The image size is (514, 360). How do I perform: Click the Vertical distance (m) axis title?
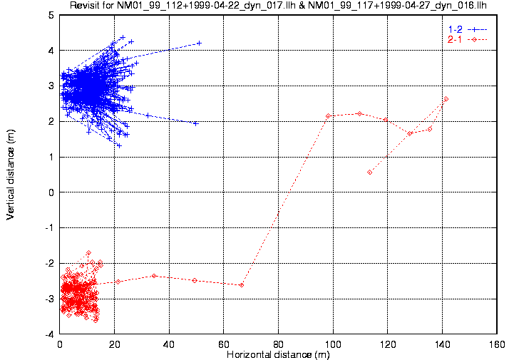click(x=11, y=175)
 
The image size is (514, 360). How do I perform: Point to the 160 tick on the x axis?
click(x=496, y=344)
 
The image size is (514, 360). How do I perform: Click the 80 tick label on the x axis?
click(x=278, y=344)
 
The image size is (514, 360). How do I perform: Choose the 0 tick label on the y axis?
click(x=51, y=192)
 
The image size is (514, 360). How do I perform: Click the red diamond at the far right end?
click(x=446, y=99)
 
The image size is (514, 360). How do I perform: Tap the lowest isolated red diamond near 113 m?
click(x=369, y=172)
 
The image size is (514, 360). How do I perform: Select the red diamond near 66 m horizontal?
click(x=241, y=285)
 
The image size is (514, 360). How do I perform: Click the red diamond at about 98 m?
click(x=328, y=115)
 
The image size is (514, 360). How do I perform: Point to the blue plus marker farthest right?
click(x=200, y=43)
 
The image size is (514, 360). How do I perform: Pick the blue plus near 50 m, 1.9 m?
click(x=195, y=123)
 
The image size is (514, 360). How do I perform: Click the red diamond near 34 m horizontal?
click(x=154, y=276)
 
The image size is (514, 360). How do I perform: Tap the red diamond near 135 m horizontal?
click(x=430, y=129)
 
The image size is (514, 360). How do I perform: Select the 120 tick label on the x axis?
click(x=387, y=344)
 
